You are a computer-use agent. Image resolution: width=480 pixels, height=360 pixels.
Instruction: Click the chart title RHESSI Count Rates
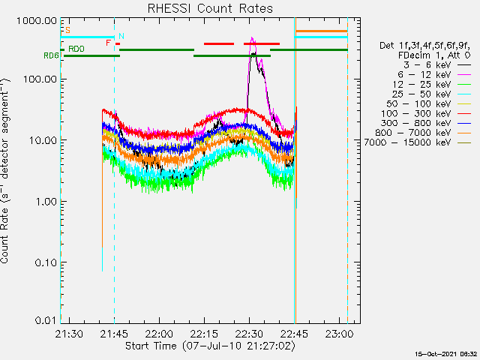(210, 8)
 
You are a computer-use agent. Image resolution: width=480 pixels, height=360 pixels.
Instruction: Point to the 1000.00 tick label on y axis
(37, 21)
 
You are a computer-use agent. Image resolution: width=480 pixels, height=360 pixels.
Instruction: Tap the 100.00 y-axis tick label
(40, 79)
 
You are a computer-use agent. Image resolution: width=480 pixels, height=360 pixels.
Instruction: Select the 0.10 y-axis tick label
(46, 262)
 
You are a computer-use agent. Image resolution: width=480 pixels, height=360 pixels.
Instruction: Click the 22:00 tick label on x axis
(159, 334)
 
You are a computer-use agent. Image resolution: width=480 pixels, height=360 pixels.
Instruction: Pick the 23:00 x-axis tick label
(339, 334)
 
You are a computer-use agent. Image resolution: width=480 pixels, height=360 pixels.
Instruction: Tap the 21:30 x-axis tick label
(69, 334)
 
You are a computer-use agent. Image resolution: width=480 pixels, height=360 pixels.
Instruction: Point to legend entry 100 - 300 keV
(416, 113)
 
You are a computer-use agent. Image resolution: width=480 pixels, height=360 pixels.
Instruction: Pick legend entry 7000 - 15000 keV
(408, 142)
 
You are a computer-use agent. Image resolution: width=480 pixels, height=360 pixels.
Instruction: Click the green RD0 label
(76, 49)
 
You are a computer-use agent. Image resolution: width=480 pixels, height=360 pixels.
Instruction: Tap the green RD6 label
(51, 55)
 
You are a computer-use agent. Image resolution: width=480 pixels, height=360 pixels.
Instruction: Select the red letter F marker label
(108, 43)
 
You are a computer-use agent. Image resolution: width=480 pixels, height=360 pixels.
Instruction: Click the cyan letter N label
(121, 36)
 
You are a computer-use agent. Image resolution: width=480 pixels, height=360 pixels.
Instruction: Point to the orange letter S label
(67, 30)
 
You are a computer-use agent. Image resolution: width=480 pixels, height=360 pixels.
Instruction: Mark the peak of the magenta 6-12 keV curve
(252, 37)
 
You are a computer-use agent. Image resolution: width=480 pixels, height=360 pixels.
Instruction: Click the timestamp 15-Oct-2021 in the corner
(446, 354)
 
